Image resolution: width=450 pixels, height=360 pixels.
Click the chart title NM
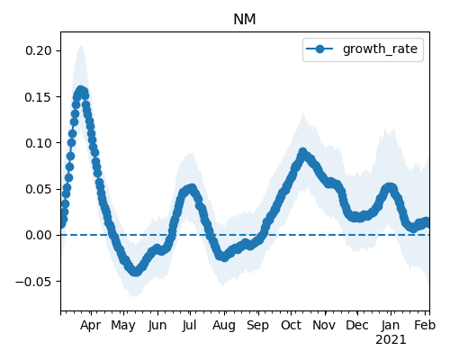(245, 20)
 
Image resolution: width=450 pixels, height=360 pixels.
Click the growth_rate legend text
(380, 49)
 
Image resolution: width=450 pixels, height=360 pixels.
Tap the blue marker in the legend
(319, 49)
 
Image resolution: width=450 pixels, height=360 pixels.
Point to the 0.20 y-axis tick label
(39, 50)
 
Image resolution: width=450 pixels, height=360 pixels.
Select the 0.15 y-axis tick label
(39, 97)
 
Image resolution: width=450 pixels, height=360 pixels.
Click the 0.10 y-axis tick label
(39, 143)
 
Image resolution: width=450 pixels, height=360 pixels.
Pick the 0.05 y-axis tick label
(39, 189)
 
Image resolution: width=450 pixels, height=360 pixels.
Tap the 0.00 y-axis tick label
(39, 235)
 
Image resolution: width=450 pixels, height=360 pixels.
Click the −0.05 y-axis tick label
(33, 282)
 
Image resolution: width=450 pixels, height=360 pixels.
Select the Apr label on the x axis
(91, 325)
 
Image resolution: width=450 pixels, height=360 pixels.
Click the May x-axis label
(123, 325)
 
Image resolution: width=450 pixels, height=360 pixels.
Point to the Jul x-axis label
(190, 325)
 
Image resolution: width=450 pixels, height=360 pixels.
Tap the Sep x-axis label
(257, 325)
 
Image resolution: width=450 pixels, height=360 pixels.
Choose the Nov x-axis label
(324, 325)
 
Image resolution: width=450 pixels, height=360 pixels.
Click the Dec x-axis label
(357, 325)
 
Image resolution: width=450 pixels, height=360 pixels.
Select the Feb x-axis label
(425, 325)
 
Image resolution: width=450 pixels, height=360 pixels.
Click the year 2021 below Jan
(391, 340)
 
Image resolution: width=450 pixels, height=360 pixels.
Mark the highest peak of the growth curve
(80, 90)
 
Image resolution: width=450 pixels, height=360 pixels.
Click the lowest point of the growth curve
(136, 272)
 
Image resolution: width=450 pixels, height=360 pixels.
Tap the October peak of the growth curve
(303, 152)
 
